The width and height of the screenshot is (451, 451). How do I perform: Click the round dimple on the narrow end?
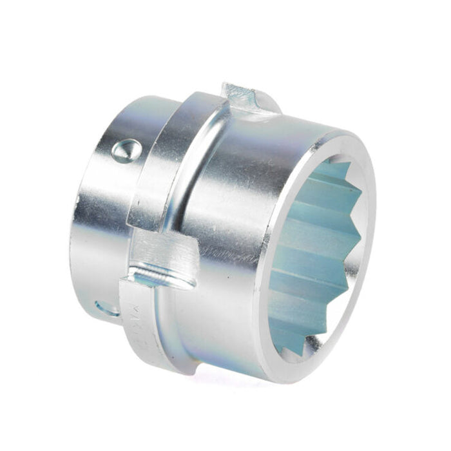tap(126, 151)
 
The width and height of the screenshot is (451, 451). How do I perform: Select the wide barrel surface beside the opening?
tap(245, 213)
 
